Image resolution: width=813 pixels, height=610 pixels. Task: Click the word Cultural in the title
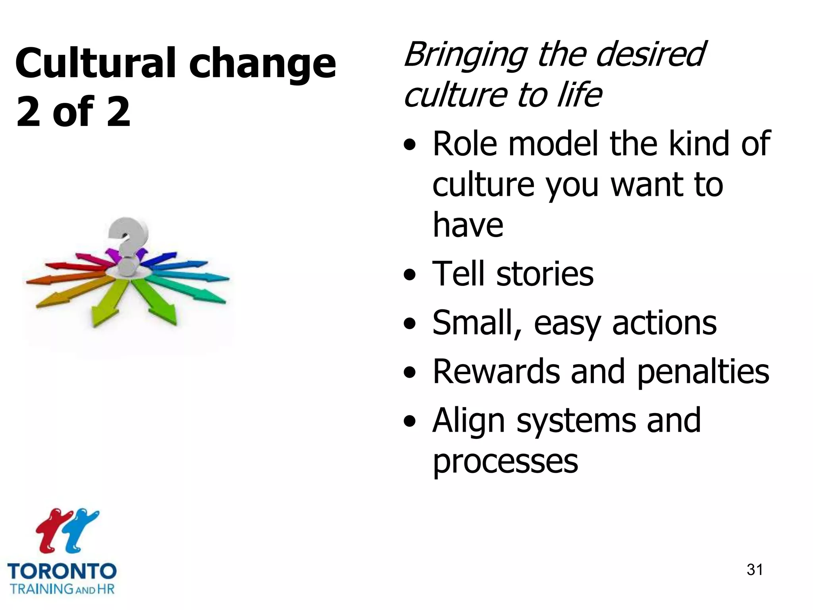[x=95, y=64]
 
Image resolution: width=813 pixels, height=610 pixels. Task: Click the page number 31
[x=755, y=569]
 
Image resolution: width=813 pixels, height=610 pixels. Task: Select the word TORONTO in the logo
[x=62, y=571]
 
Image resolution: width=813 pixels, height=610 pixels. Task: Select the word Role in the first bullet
[x=464, y=144]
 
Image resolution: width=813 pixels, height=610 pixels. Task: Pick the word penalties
[x=703, y=373]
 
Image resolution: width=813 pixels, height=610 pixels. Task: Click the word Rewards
[x=496, y=372]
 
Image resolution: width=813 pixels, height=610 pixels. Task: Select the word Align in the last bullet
[x=468, y=421]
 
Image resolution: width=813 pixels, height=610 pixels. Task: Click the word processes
[x=505, y=461]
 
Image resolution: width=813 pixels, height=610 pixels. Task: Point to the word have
[x=468, y=225]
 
